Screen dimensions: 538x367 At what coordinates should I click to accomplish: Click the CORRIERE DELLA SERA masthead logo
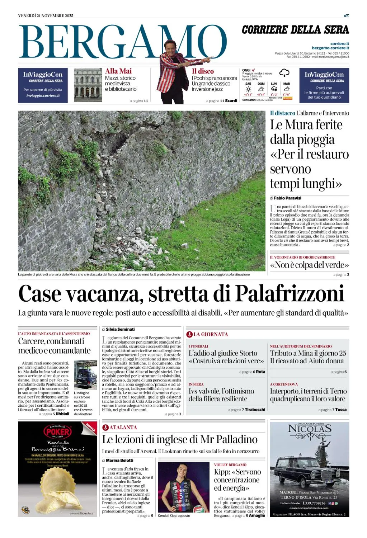(x=295, y=30)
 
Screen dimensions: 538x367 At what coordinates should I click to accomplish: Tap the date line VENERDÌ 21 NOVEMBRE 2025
(x=46, y=15)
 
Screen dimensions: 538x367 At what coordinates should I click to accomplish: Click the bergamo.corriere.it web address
(x=330, y=48)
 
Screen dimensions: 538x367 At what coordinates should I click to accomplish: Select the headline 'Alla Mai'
(x=118, y=71)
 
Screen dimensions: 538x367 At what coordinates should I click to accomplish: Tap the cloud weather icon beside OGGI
(x=284, y=73)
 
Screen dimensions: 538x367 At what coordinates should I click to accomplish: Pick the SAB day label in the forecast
(x=248, y=84)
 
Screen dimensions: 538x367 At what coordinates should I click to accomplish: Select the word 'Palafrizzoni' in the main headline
(x=290, y=294)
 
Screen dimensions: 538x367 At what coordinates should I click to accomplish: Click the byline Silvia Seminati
(x=120, y=329)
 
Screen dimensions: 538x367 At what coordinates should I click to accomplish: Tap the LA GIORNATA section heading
(x=211, y=334)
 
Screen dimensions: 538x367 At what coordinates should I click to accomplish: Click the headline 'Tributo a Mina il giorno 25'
(x=308, y=353)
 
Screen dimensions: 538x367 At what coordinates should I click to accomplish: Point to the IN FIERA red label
(x=196, y=384)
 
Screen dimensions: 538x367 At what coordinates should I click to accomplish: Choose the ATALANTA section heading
(x=123, y=428)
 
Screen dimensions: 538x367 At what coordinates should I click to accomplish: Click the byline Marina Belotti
(x=119, y=461)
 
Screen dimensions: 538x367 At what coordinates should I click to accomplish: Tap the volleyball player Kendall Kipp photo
(x=183, y=487)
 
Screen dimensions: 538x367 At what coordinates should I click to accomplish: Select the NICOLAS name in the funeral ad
(x=309, y=429)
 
